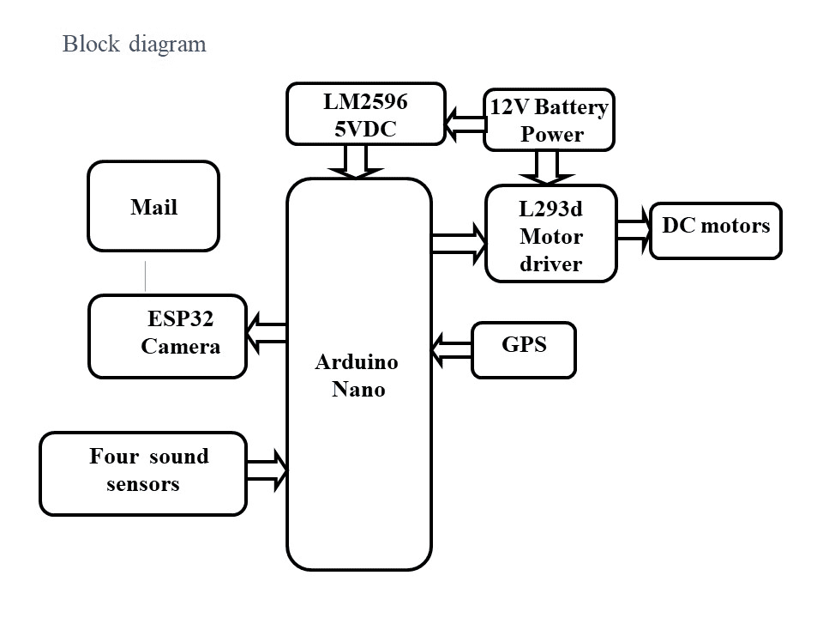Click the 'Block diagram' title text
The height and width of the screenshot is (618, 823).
point(135,45)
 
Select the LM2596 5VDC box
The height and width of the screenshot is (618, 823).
point(365,113)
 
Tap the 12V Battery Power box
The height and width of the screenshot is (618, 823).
point(549,120)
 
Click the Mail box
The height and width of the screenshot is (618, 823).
point(153,207)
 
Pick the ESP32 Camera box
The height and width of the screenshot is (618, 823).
point(167,336)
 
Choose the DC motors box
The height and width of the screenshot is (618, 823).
point(716,230)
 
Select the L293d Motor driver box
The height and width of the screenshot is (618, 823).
point(550,233)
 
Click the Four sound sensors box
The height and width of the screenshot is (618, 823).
point(143,474)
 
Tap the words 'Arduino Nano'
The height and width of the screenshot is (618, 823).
point(357,375)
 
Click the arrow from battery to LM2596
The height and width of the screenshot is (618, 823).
point(465,125)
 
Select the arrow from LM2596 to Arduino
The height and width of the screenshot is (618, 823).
point(356,161)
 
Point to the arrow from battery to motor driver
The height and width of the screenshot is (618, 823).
point(548,167)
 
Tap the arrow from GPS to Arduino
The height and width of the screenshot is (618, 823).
point(451,349)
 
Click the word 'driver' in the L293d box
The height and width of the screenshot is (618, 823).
point(550,264)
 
